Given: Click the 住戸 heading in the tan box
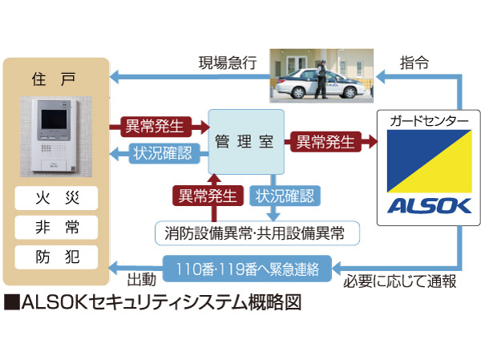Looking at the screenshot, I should tap(55, 79).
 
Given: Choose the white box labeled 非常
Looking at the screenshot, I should tap(55, 226).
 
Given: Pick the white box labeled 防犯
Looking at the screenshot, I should tap(55, 257).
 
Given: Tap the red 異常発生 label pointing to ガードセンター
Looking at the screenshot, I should tap(325, 142).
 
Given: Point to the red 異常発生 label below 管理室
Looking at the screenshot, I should tap(208, 195).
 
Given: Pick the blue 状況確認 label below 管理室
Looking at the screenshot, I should tap(285, 195).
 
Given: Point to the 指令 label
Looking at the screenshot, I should tap(415, 61).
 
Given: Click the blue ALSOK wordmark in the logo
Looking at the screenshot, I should tap(428, 206).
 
